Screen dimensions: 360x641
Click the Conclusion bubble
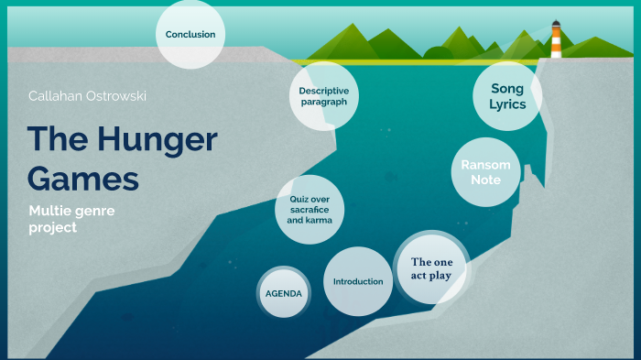(190, 35)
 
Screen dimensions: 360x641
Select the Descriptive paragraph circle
(323, 96)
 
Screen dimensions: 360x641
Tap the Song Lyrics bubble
(506, 96)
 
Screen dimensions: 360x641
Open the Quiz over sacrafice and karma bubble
(310, 210)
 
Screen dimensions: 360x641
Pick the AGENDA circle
(283, 293)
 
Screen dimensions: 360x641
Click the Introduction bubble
(358, 281)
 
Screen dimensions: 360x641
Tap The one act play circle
(431, 268)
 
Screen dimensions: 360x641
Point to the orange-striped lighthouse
(556, 39)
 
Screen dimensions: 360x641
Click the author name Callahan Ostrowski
(87, 95)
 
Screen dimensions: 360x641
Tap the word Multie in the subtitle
(49, 212)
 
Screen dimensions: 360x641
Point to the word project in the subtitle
(53, 227)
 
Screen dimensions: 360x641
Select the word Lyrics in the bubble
(506, 104)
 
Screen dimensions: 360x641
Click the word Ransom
(485, 164)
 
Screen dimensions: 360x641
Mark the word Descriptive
(323, 91)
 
